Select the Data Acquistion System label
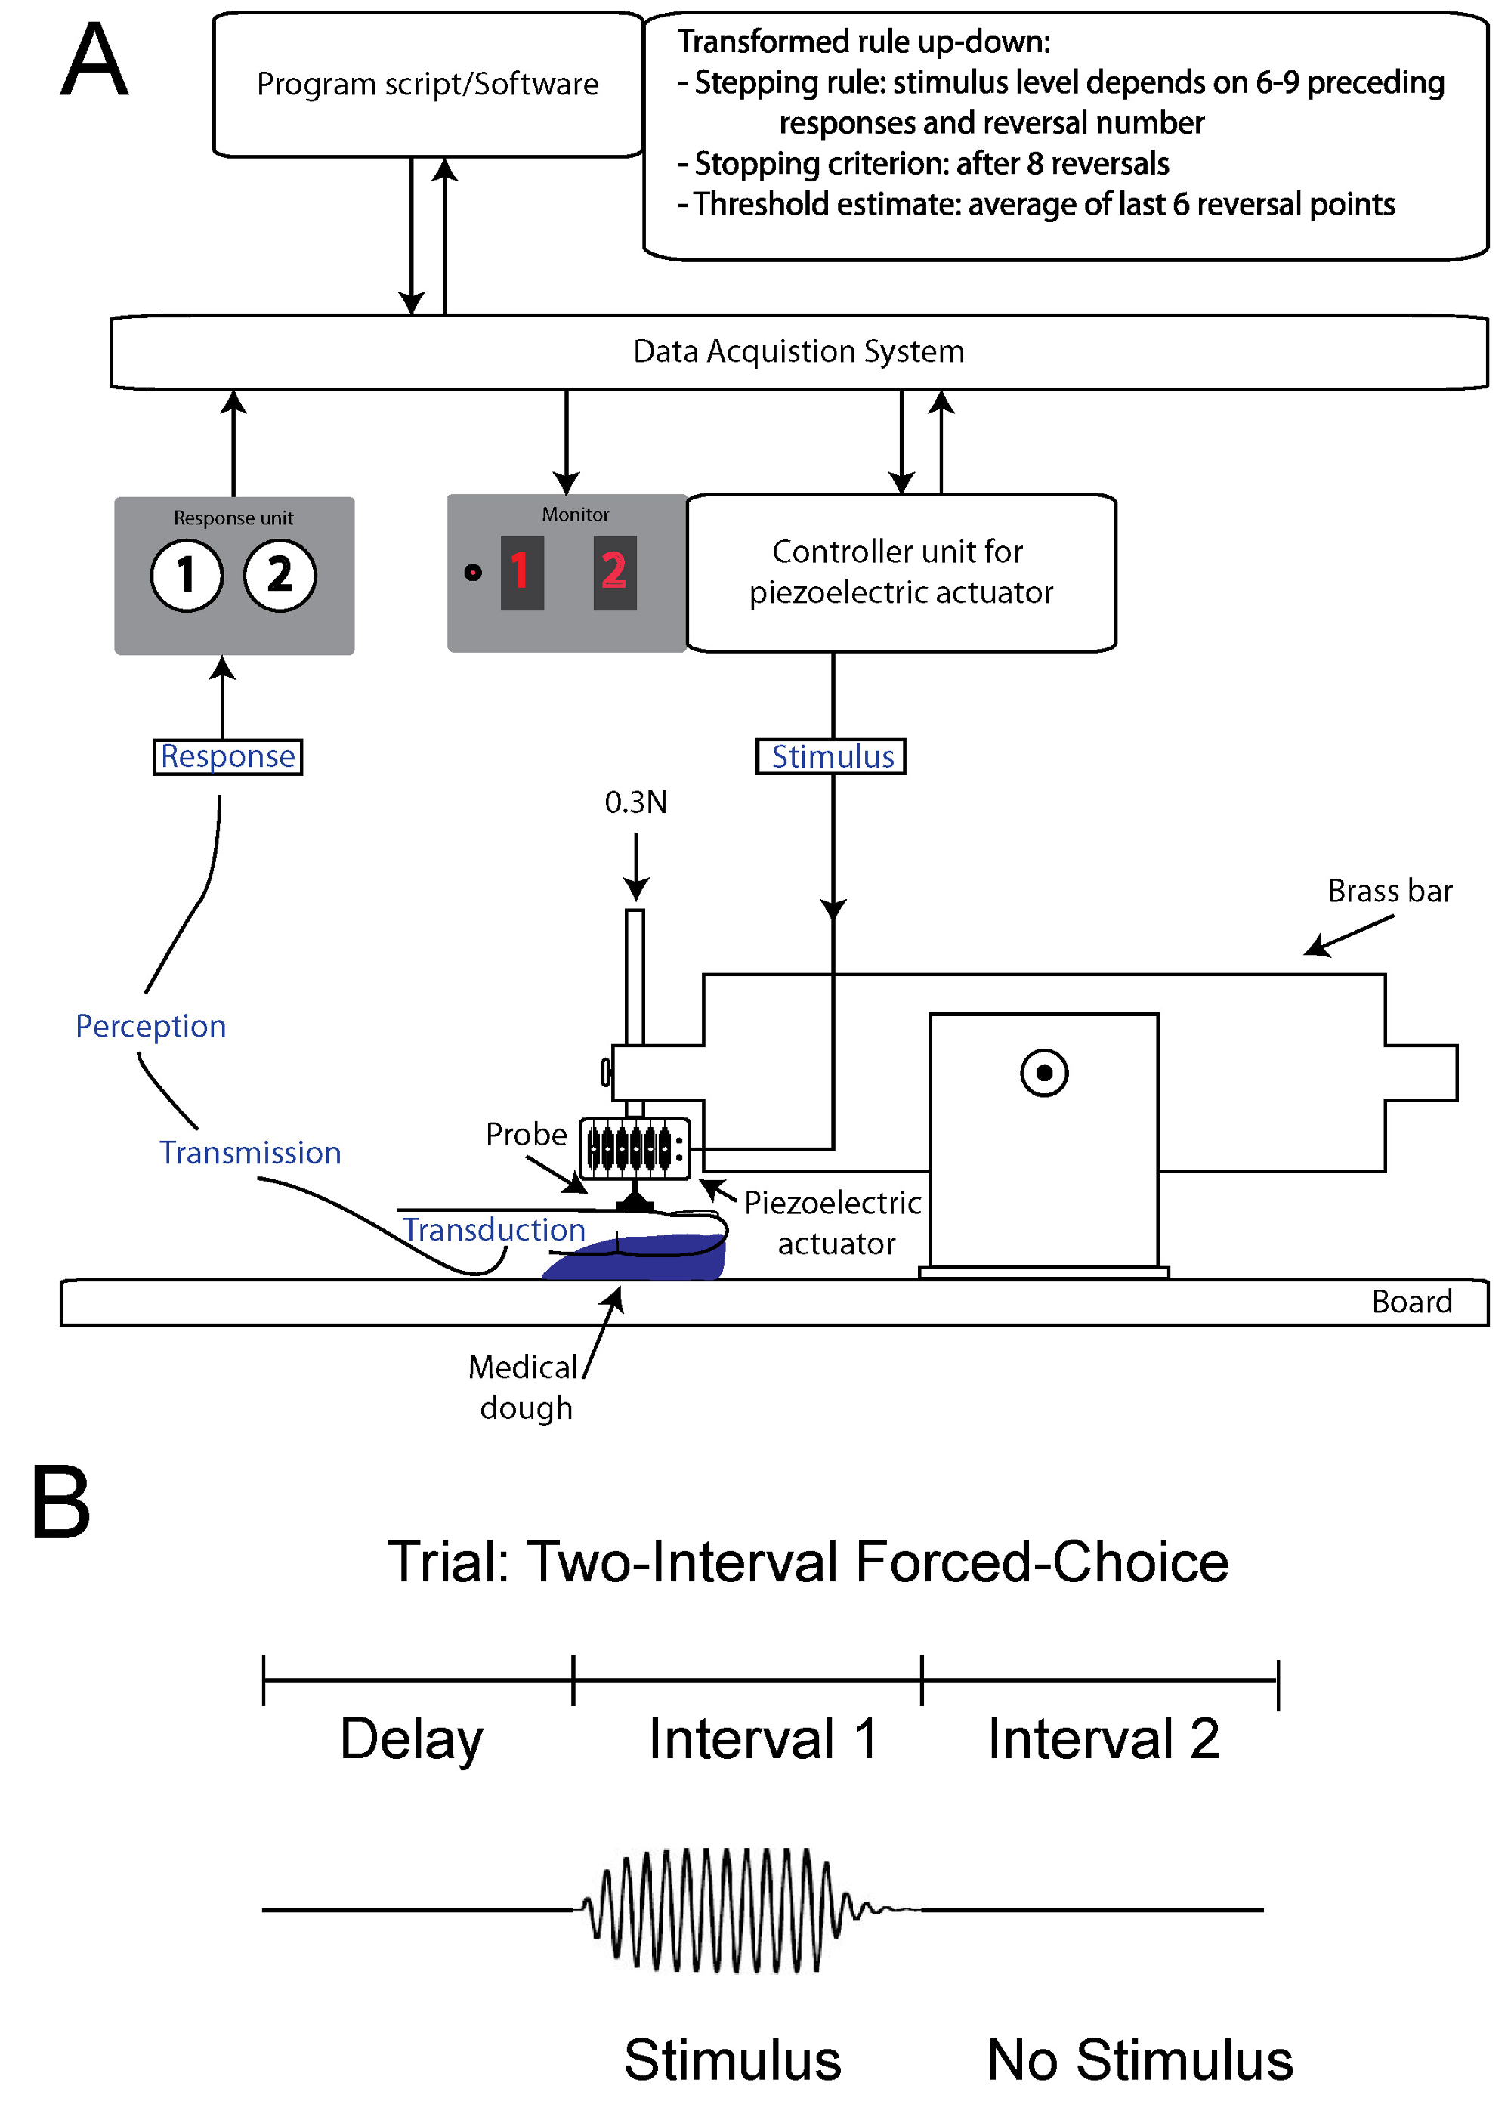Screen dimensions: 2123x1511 pos(799,351)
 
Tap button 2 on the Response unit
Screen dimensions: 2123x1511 pos(280,575)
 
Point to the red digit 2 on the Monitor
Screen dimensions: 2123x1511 pos(614,572)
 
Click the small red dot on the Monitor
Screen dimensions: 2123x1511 pos(473,572)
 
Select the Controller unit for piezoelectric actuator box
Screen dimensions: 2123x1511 pos(901,572)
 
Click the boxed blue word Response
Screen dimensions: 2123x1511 pos(228,756)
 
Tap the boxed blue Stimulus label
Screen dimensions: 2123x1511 pos(832,756)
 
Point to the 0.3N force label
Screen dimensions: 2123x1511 pos(635,802)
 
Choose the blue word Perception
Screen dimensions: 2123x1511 pos(151,1026)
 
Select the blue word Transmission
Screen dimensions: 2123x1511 pos(250,1153)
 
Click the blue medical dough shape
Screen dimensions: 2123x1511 pos(651,1259)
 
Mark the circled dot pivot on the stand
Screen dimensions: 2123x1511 pos(1044,1073)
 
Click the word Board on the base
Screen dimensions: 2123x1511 pos(1411,1302)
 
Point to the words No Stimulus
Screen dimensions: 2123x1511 pos(1140,2060)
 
